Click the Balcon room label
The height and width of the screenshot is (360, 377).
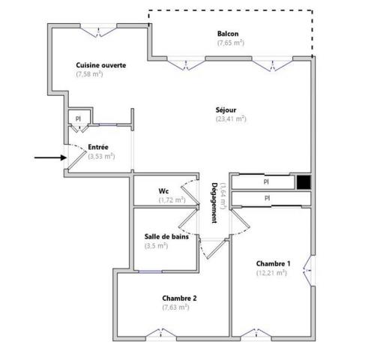point(228,34)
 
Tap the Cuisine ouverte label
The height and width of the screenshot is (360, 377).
point(100,65)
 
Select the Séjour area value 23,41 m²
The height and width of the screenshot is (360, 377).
point(231,118)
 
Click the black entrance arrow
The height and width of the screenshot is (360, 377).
point(50,157)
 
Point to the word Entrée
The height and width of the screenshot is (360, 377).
point(98,147)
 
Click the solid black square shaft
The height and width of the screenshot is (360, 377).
point(304,182)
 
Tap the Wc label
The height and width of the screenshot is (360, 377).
point(163,191)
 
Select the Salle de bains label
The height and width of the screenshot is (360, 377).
point(166,236)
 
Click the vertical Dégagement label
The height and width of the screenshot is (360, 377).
point(214,202)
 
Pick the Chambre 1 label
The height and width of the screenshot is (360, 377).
point(274,263)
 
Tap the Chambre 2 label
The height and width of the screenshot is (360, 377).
point(179,298)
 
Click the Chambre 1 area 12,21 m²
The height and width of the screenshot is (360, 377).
point(271,273)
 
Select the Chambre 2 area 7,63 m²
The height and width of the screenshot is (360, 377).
point(175,307)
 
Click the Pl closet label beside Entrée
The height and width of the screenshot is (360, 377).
point(78,118)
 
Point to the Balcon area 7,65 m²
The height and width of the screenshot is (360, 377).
point(231,43)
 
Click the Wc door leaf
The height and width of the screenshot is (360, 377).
point(190,195)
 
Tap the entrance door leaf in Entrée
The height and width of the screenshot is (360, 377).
point(77,160)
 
